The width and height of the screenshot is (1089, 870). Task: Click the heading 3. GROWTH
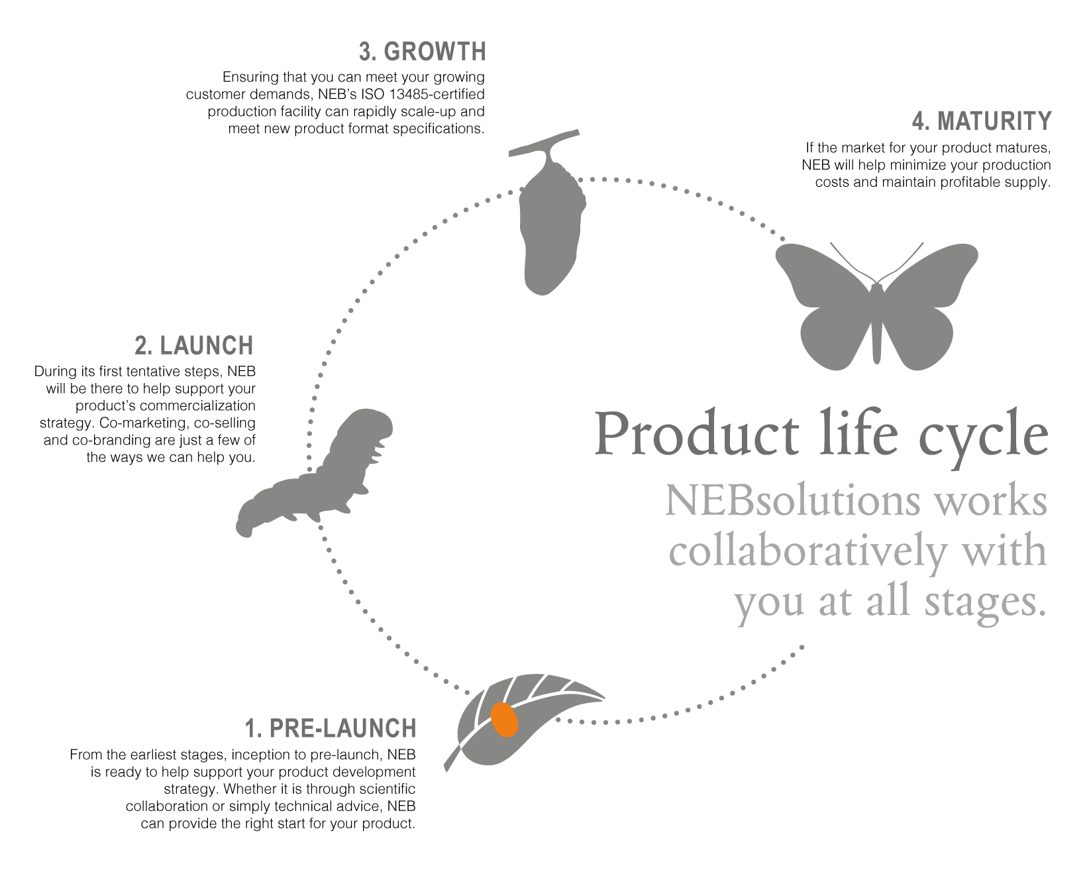[x=423, y=51]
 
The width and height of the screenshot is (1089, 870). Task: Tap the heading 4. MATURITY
[x=982, y=121]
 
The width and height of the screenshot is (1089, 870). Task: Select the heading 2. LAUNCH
[x=194, y=346]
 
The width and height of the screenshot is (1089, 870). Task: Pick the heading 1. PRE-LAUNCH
[x=331, y=728]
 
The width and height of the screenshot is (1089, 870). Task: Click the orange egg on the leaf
[x=505, y=720]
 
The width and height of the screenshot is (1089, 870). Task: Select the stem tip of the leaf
[x=446, y=771]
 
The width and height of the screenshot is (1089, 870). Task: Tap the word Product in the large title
[x=696, y=434]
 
